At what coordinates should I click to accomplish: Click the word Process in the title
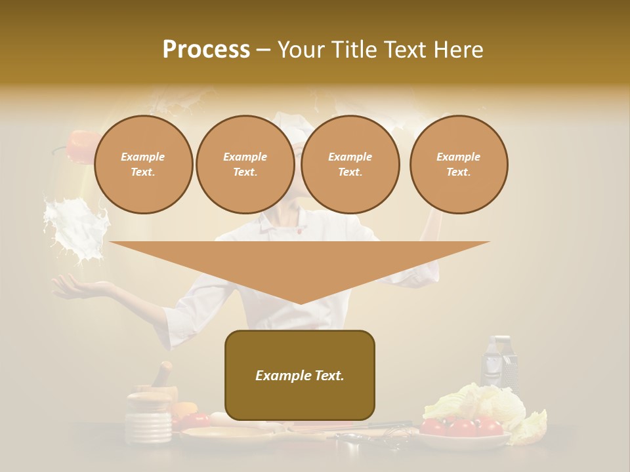206,50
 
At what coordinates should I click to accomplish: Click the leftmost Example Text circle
143,165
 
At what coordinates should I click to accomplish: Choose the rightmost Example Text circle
459,165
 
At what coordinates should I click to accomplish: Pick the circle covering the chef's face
350,165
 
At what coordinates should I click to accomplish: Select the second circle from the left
245,165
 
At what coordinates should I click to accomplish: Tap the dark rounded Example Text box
300,375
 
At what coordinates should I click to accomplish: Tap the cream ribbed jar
148,420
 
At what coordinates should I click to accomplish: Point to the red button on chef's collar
299,230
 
